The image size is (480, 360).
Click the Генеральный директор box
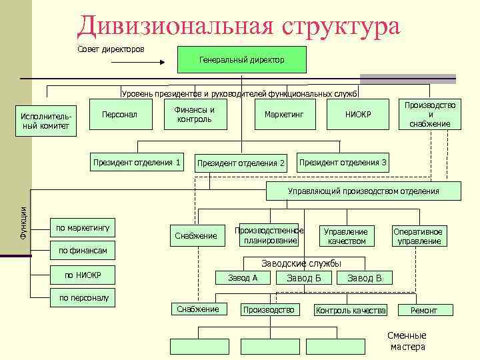point(241,59)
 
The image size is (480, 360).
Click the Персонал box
point(119,115)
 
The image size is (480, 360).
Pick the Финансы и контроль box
point(194,115)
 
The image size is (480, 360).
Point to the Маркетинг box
point(283,115)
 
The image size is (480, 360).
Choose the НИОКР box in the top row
point(358,115)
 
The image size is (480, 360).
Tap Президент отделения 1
point(137,162)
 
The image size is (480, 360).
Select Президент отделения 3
point(343,162)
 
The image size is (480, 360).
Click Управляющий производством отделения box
point(363,191)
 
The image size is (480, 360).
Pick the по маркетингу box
point(83,228)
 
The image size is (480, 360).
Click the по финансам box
point(83,251)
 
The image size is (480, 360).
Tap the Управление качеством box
point(345,236)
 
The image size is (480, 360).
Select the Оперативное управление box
point(419,236)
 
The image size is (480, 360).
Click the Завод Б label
point(304,278)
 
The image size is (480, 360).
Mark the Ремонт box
point(424,310)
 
